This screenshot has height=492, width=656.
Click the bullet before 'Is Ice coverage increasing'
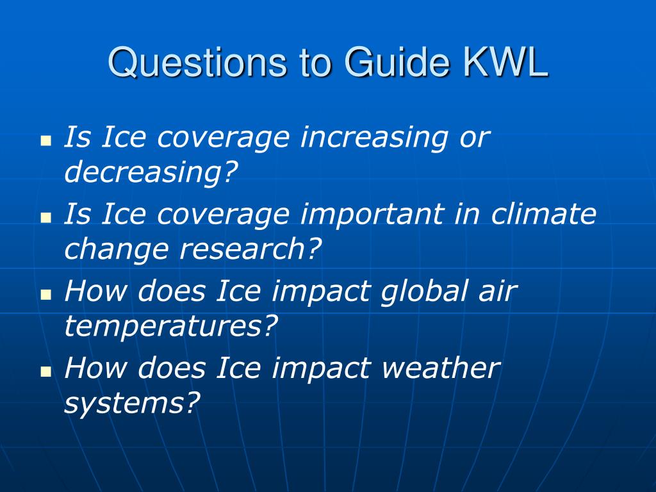pyautogui.click(x=46, y=140)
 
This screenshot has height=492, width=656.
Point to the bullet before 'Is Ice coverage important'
pyautogui.click(x=46, y=218)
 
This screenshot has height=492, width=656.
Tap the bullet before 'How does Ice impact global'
pyautogui.click(x=46, y=295)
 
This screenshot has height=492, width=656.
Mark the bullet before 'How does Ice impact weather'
pyautogui.click(x=46, y=372)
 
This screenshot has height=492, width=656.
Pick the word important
pyautogui.click(x=372, y=214)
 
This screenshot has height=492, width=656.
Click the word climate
pyautogui.click(x=543, y=213)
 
